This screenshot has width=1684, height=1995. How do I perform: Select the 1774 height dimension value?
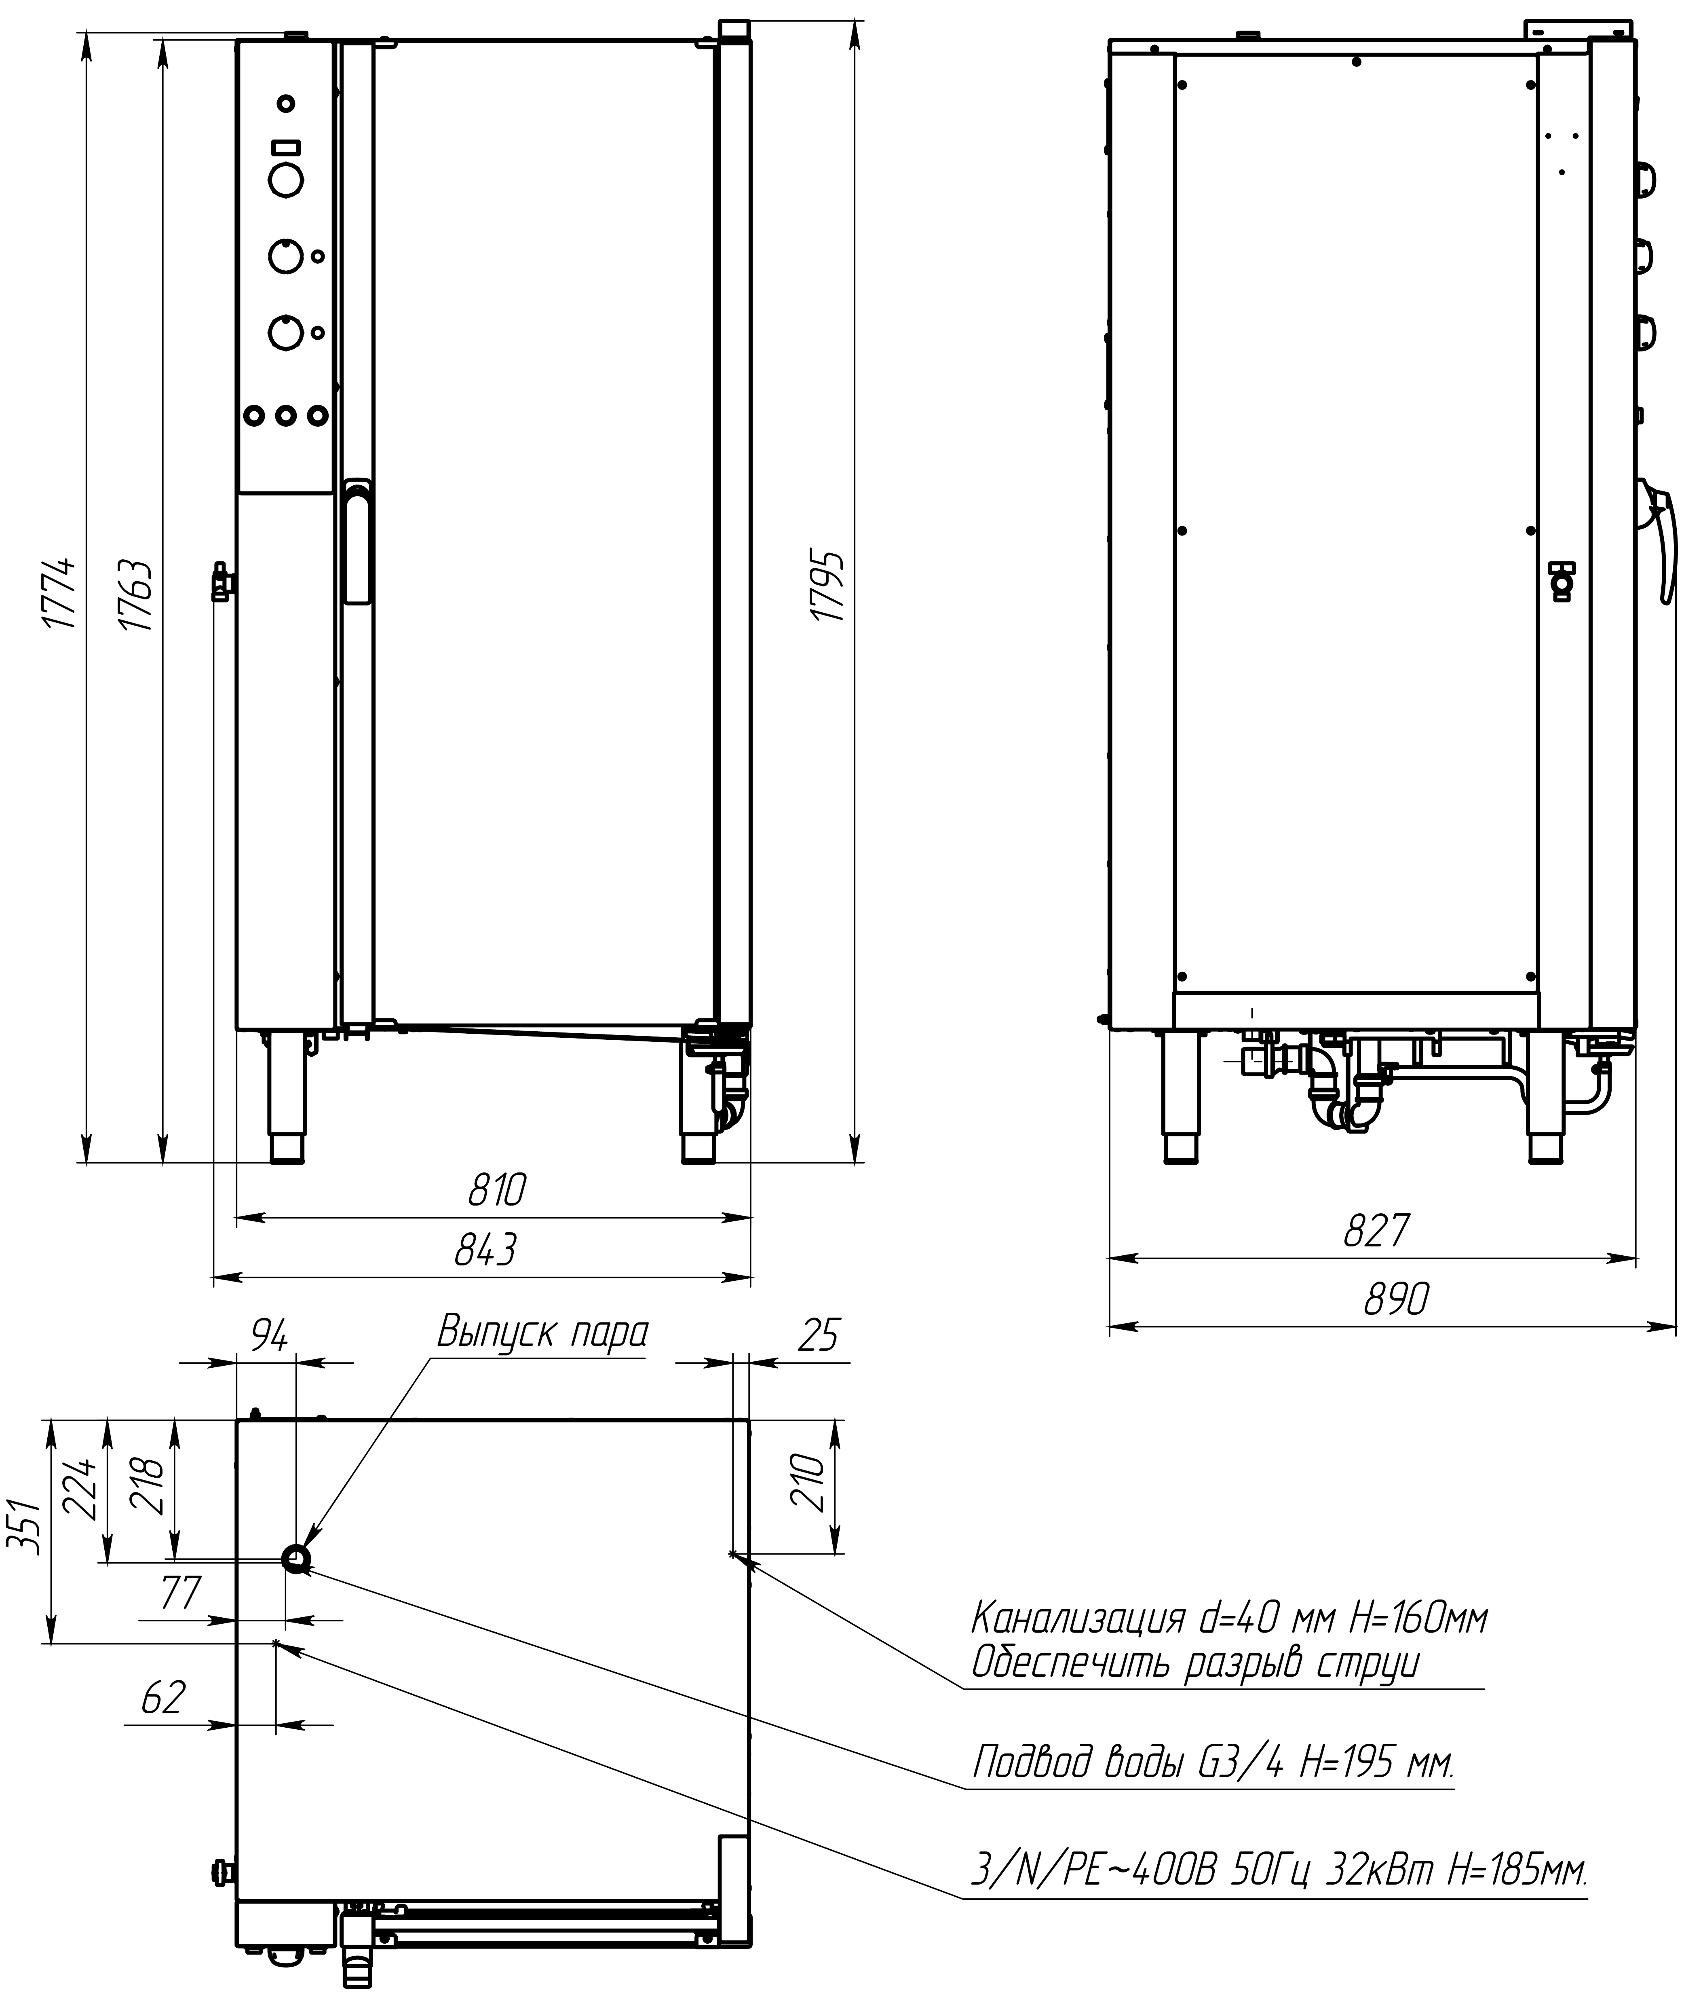(60, 592)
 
